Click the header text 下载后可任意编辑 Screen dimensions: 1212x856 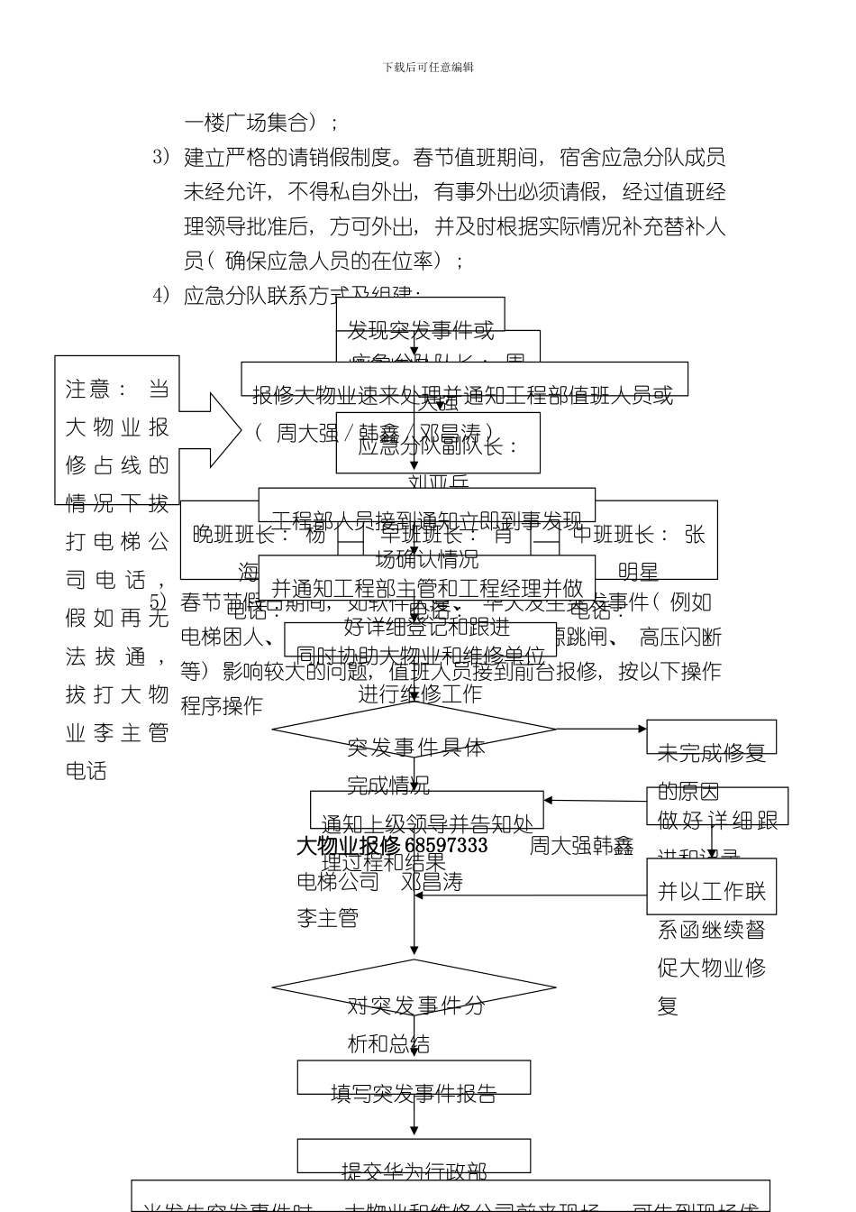[428, 68]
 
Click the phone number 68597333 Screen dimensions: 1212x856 [446, 846]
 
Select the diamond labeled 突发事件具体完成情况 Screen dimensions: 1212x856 [414, 729]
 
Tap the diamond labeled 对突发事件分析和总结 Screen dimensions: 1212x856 [414, 987]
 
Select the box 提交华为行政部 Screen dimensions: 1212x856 [414, 1156]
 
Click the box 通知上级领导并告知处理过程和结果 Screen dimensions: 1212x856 [427, 810]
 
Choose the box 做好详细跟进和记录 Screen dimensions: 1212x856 [717, 806]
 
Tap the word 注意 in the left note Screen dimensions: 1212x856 [87, 390]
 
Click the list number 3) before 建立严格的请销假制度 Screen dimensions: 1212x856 [161, 158]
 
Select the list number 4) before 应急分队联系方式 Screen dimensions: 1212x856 [161, 296]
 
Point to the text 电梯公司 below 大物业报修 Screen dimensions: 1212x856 [338, 882]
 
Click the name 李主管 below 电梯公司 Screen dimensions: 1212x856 [328, 919]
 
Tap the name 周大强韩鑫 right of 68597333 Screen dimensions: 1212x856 [581, 846]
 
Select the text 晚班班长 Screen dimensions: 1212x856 [241, 535]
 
